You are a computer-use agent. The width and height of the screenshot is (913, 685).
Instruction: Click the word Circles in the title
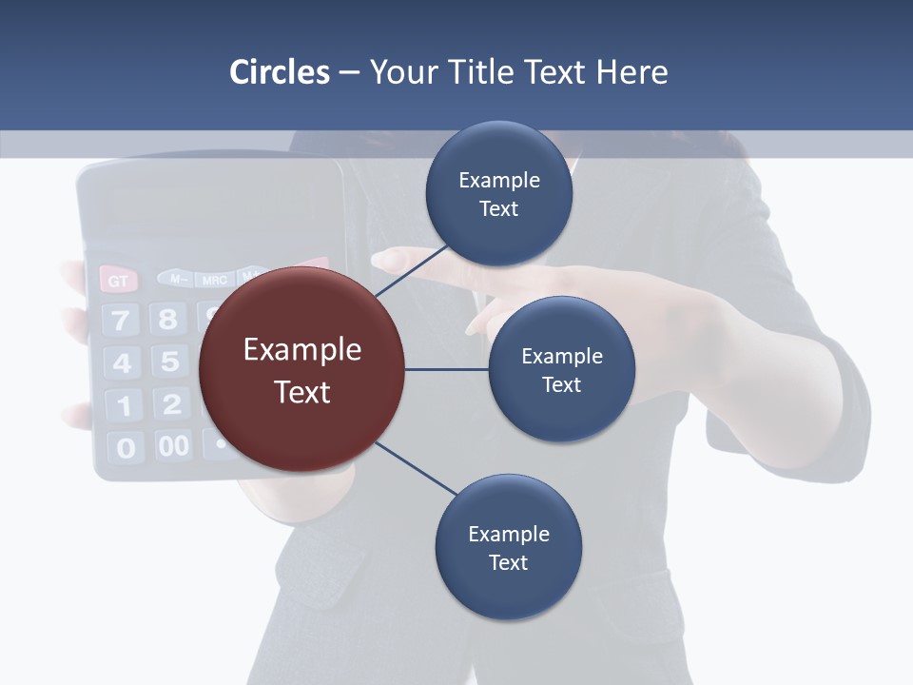(x=279, y=72)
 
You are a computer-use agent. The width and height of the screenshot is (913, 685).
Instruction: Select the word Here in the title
(x=631, y=72)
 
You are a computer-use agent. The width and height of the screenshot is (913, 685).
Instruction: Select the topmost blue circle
(x=498, y=194)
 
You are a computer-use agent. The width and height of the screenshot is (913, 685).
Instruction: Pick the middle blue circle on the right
(x=561, y=369)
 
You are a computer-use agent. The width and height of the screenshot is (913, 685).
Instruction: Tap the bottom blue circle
(x=508, y=547)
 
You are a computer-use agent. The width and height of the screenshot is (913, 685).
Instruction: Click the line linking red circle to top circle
(x=411, y=271)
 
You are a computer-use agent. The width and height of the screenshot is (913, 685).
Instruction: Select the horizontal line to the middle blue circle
(x=446, y=369)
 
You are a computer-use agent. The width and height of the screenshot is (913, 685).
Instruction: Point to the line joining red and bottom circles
(x=416, y=468)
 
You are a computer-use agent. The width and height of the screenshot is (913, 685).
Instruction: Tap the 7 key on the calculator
(x=121, y=320)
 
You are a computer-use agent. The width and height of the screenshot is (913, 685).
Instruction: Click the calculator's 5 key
(x=169, y=362)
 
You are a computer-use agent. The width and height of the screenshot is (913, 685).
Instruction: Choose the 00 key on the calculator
(x=173, y=445)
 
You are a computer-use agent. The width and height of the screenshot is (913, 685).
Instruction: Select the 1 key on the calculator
(x=124, y=406)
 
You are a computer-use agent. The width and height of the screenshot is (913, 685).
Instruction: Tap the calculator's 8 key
(x=168, y=318)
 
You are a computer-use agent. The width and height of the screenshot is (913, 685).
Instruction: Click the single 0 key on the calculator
(x=126, y=447)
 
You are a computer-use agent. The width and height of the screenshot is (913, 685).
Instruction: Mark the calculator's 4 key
(x=123, y=363)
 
